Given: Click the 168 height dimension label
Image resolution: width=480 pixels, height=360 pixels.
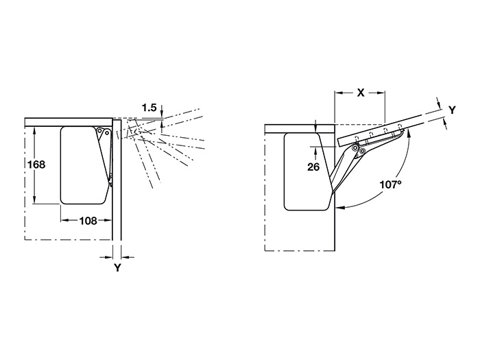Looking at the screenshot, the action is point(36,165).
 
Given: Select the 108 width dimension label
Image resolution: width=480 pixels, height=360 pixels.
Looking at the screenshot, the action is point(88,220).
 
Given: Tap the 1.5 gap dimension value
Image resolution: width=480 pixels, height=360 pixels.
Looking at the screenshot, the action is point(149,108).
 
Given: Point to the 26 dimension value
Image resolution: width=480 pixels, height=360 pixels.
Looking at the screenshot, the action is point(313,167).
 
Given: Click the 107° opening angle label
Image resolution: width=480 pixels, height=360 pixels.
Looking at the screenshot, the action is point(390,184).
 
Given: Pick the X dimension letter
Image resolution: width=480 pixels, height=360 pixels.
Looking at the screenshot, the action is point(361,93).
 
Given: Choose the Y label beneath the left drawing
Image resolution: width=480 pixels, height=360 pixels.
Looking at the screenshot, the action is point(117,267).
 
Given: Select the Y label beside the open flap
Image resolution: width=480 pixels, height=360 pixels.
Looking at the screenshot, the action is point(452,110).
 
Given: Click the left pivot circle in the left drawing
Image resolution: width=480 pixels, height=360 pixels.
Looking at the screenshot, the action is point(99,131).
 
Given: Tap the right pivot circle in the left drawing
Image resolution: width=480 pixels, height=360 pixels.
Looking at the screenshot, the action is point(106,132).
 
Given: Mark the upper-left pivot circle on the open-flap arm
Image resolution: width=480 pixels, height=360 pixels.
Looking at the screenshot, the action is point(355,147).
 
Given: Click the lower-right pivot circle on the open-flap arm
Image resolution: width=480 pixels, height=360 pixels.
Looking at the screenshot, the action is point(363,151).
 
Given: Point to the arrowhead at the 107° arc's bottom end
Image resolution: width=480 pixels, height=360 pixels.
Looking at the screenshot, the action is point(340,208).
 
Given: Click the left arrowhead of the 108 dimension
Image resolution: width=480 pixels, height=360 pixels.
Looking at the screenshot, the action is point(64,220).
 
